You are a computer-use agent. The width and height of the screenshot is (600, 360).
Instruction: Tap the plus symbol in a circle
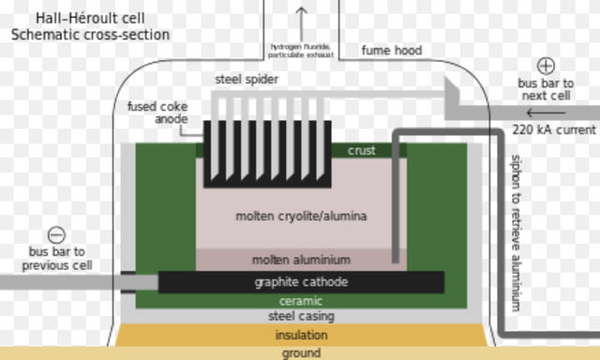[x=547, y=66]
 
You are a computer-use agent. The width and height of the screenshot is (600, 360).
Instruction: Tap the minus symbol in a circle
[x=56, y=235]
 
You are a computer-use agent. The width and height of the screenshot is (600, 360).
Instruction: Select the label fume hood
[x=391, y=50]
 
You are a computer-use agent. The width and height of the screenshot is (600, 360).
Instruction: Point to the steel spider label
[x=247, y=80]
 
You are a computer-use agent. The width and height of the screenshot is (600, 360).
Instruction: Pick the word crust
[x=361, y=150]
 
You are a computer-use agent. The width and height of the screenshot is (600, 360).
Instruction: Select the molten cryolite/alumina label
[x=301, y=217]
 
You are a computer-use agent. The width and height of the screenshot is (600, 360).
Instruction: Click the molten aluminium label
[x=301, y=260]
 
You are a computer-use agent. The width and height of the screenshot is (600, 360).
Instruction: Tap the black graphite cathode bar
[x=301, y=282]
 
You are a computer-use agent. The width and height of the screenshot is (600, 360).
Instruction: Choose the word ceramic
[x=301, y=302]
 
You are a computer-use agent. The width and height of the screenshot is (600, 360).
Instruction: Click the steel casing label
[x=301, y=317]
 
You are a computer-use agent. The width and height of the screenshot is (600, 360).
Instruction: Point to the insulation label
[x=301, y=335]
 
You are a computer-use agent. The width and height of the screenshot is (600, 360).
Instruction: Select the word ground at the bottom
[x=301, y=353]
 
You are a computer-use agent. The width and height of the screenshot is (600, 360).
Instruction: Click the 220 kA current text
[x=554, y=130]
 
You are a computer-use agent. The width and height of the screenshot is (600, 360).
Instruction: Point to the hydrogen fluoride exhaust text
[x=301, y=50]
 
